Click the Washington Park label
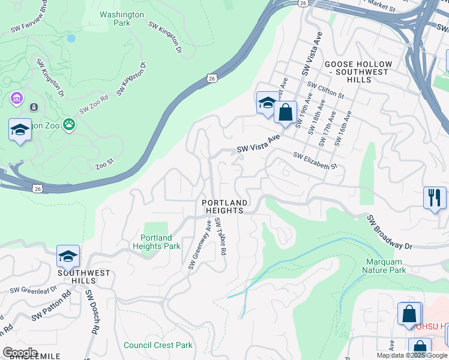click(122, 19)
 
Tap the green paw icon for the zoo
click(70, 125)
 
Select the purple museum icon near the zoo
click(16, 97)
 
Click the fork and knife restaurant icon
click(435, 197)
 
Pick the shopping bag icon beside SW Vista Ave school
click(286, 112)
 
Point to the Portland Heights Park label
click(156, 242)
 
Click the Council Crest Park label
click(158, 345)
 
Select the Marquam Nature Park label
click(384, 266)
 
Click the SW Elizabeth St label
click(316, 160)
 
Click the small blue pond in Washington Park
click(71, 38)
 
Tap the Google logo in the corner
click(20, 353)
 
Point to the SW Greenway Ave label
click(200, 245)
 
